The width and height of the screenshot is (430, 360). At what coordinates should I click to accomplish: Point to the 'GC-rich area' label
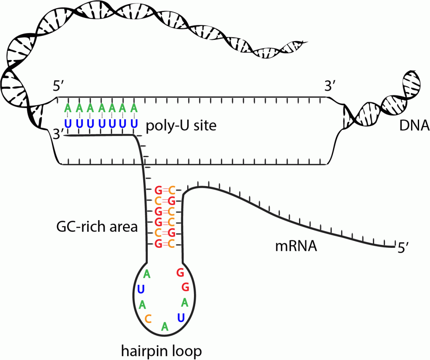click(97, 227)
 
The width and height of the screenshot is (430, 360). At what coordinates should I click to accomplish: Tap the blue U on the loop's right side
click(181, 317)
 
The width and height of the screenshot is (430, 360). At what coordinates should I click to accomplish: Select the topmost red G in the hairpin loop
click(181, 273)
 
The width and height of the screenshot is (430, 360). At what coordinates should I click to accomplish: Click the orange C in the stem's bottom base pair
click(171, 244)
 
